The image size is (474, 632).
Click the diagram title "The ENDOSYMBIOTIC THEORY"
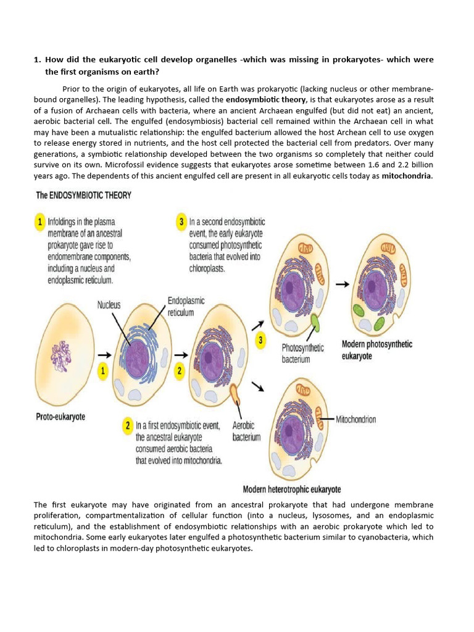click(83, 196)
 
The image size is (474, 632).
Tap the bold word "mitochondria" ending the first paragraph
click(407, 177)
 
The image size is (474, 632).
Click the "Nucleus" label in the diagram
click(109, 304)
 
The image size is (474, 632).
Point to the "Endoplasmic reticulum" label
click(186, 306)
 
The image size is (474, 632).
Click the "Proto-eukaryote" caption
click(60, 417)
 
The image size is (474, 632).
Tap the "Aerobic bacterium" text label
click(246, 431)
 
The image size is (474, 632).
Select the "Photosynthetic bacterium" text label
click(302, 353)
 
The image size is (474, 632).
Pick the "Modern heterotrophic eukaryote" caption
click(291, 489)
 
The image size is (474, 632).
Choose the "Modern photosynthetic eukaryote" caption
click(376, 350)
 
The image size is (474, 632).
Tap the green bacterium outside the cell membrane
click(315, 323)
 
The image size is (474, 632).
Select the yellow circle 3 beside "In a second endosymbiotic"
click(181, 221)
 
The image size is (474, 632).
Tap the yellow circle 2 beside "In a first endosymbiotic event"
click(127, 426)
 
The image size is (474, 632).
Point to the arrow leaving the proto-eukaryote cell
click(104, 355)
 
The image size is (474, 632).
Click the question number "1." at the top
click(37, 60)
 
